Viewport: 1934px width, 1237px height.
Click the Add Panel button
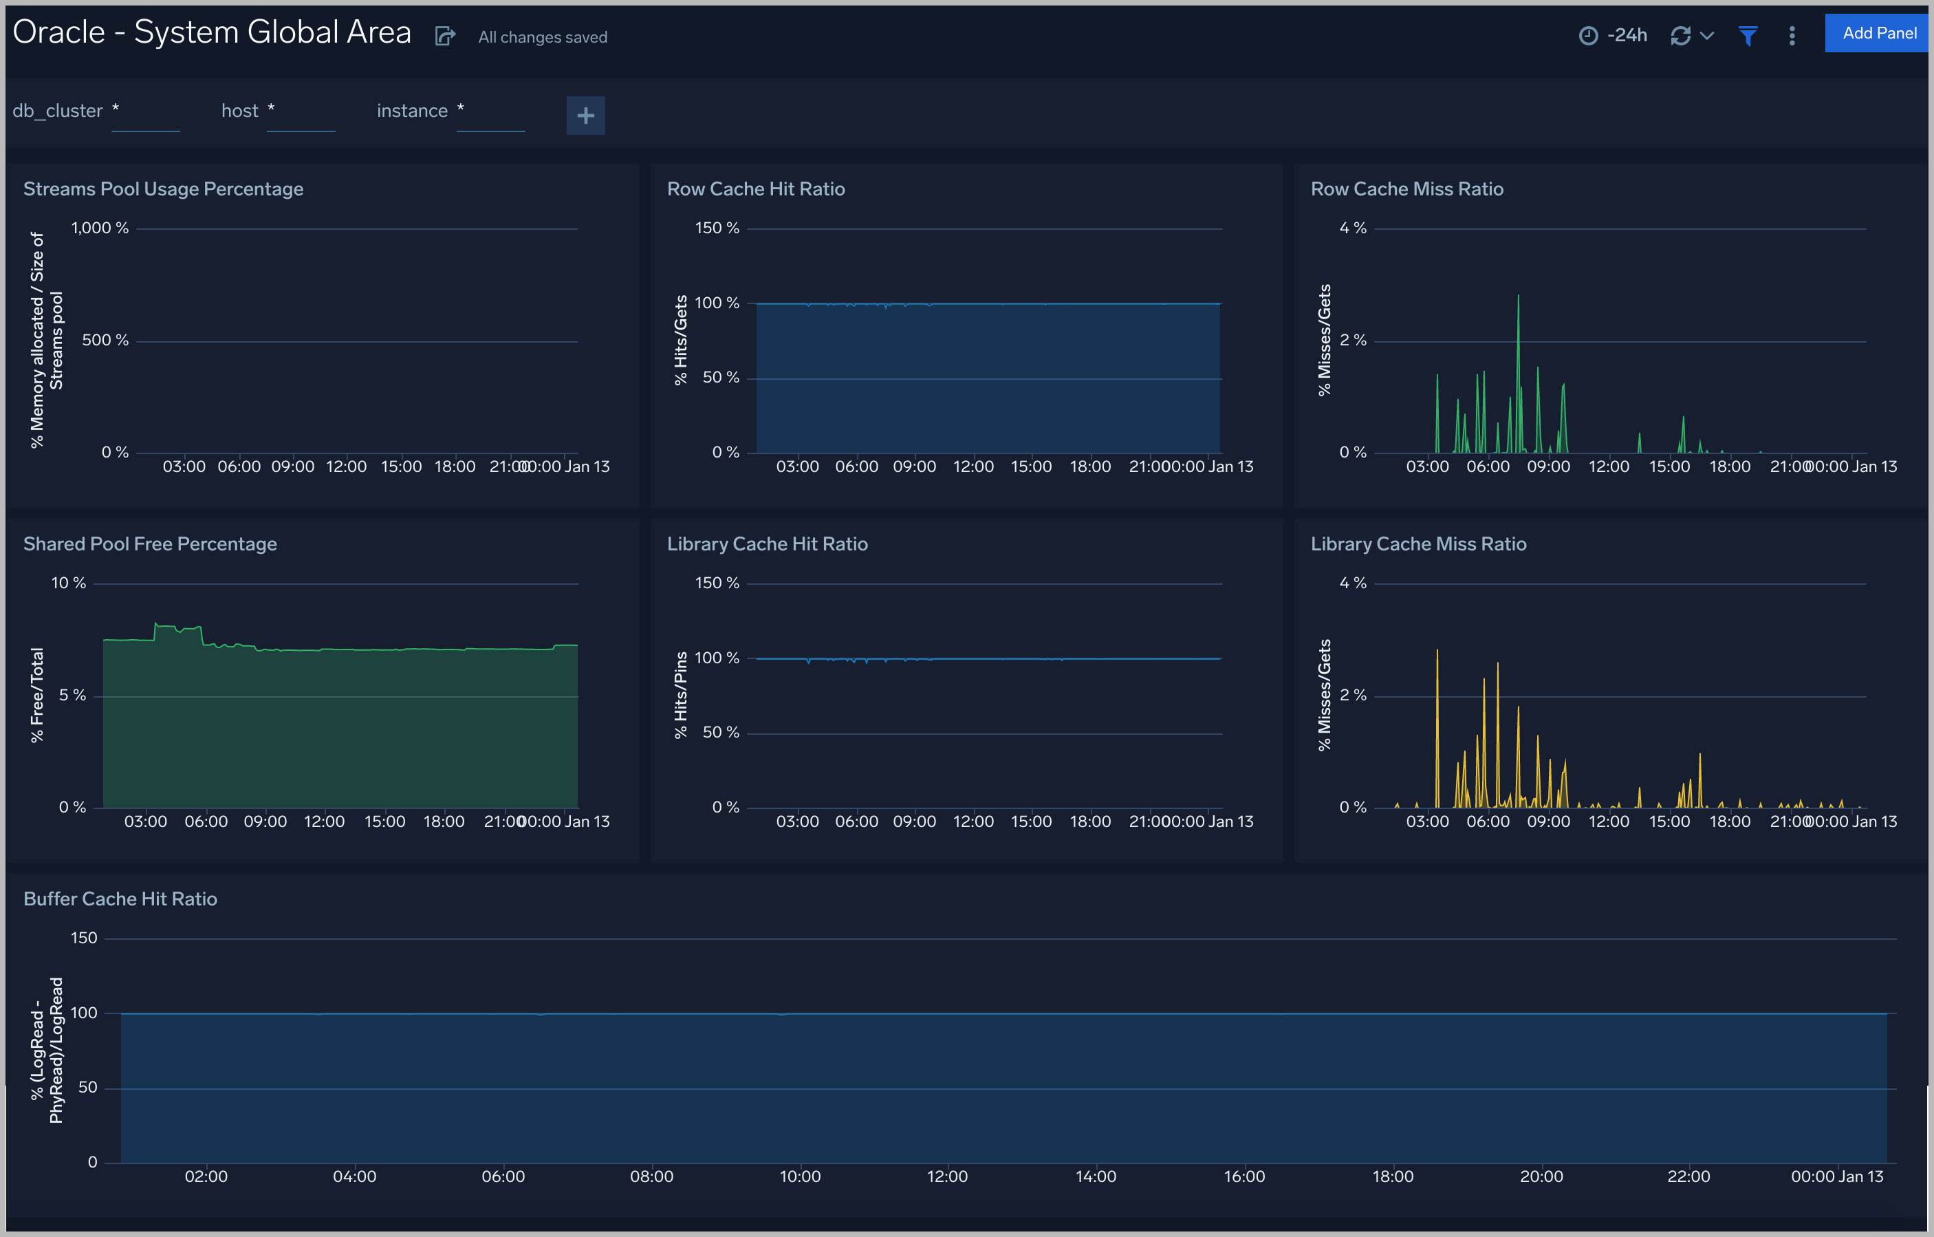[1878, 33]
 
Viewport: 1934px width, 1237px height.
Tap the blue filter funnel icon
[1748, 35]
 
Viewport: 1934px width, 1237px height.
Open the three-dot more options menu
[1792, 35]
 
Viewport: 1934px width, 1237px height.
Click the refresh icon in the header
[1680, 35]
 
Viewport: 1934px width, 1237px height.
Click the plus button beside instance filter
[585, 116]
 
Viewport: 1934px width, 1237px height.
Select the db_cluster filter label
[58, 111]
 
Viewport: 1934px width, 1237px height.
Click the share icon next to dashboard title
[445, 36]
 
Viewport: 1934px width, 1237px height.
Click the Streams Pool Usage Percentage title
[163, 189]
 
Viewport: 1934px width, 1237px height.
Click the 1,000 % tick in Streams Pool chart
[100, 228]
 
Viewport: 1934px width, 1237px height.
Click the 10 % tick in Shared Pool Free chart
[68, 583]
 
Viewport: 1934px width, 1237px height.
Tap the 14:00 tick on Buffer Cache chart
[1096, 1176]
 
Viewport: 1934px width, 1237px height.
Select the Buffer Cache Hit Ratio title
[120, 899]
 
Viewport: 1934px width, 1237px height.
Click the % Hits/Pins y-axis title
[681, 695]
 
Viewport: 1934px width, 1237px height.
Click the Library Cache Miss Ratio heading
[1418, 544]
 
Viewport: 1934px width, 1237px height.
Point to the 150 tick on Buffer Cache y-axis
[83, 938]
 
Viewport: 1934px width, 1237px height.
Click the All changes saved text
[543, 37]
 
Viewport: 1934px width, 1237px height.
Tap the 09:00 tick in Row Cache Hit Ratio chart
[914, 466]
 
